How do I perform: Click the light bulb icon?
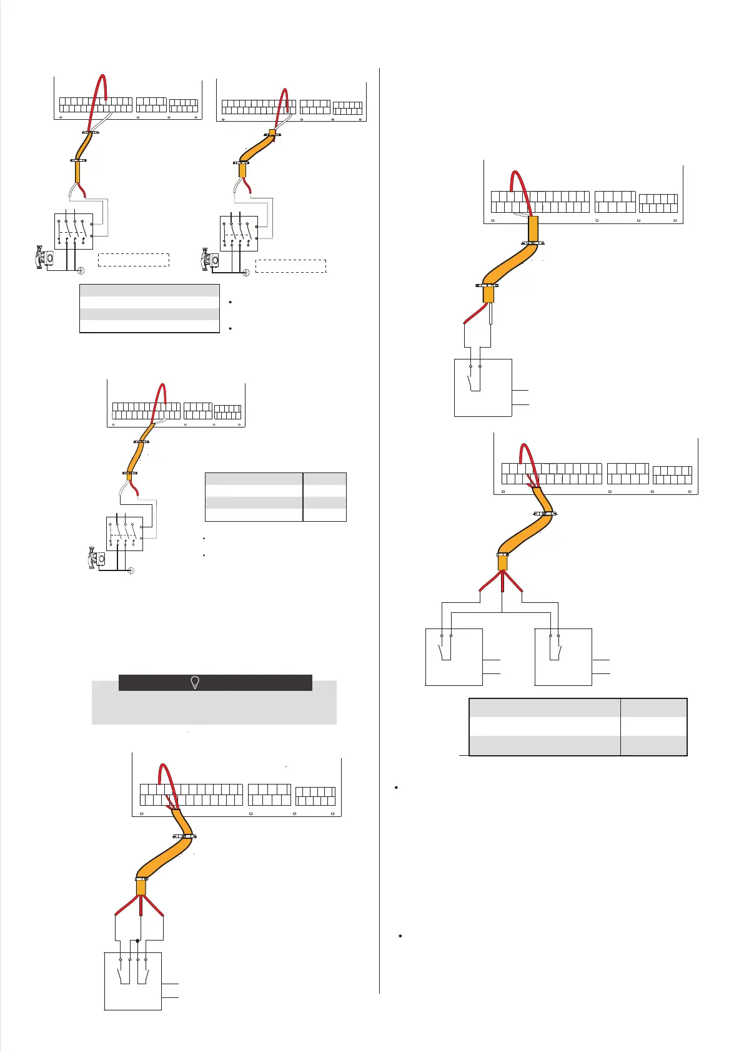pos(194,682)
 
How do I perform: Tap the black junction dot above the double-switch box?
pos(137,940)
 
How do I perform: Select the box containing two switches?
pos(132,980)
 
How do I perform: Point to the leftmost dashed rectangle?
pos(134,260)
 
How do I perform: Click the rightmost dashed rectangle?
pos(291,266)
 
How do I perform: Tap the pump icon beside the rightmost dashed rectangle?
pos(207,260)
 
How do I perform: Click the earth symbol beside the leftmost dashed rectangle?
pos(81,270)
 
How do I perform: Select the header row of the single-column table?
pos(149,290)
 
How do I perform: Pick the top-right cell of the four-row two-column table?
pos(325,479)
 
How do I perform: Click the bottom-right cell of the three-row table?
pos(653,746)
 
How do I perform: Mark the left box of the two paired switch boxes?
pos(454,657)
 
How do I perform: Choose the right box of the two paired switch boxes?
pos(563,657)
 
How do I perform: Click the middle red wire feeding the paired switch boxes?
pos(502,582)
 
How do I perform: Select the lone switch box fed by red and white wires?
pos(483,387)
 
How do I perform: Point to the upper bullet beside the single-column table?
pos(231,303)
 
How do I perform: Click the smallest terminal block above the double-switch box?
pos(315,796)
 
